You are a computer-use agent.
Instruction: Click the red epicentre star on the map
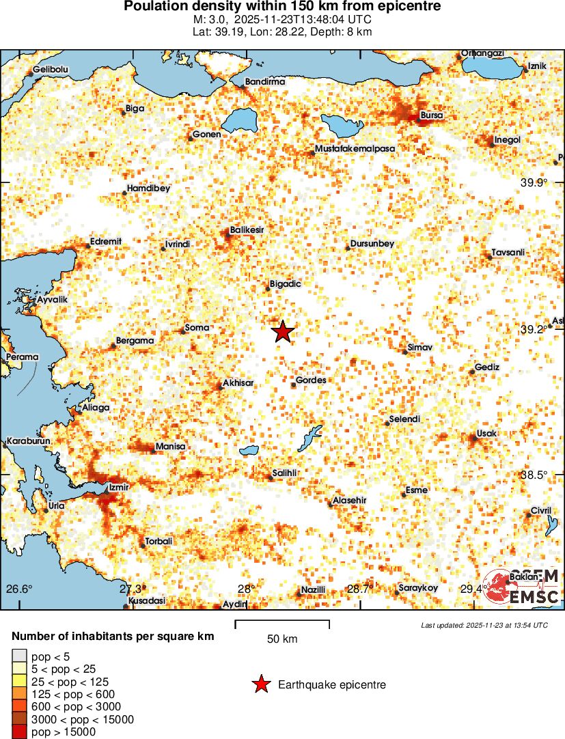point(283,332)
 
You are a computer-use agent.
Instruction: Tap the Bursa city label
point(432,115)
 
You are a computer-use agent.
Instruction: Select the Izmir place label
point(119,488)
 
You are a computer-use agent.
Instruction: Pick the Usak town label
point(486,434)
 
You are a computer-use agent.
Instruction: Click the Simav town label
point(420,348)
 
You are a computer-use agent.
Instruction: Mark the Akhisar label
point(238,383)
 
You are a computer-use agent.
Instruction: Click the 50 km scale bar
point(282,624)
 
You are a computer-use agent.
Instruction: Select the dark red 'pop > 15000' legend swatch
point(19,732)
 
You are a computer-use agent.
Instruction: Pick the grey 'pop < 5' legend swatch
point(19,656)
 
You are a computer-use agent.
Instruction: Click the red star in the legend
point(260,684)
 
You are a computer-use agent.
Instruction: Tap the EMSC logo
point(522,587)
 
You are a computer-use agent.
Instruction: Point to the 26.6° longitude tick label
point(19,589)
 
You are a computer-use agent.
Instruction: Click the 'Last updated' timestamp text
point(484,625)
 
